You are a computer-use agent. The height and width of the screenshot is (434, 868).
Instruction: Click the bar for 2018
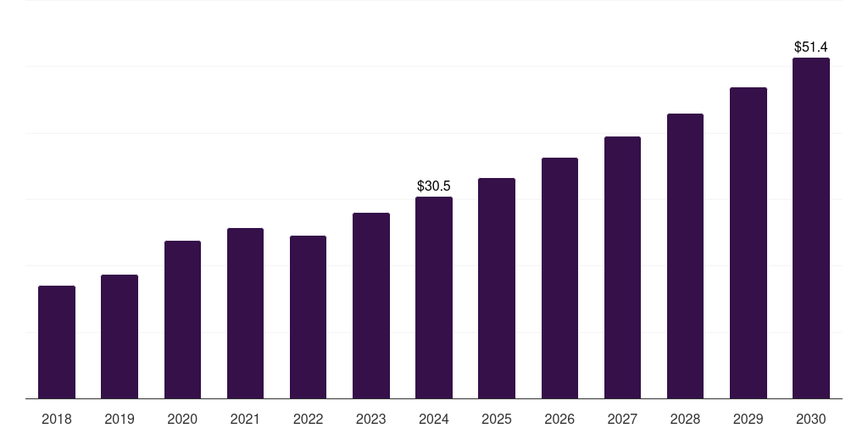coord(57,342)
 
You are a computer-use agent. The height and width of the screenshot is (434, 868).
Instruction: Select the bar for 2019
coord(120,337)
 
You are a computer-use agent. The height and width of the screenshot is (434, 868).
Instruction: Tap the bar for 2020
coord(182,320)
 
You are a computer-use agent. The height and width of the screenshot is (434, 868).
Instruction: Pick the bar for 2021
coord(245,314)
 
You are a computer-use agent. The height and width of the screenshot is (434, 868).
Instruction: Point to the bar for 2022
coord(308,317)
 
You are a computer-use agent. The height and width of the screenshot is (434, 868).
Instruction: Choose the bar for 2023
coord(371,306)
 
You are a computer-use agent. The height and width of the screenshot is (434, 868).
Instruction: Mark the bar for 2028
coord(685,256)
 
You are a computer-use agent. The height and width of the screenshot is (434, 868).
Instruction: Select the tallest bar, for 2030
coord(811,228)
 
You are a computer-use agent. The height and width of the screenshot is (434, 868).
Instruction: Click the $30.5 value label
coord(434,186)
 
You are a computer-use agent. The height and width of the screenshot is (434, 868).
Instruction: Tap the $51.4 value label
coord(811,47)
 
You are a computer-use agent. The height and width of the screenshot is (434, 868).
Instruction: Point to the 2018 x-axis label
coord(57,419)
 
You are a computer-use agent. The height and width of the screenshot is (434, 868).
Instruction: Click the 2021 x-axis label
coord(245,419)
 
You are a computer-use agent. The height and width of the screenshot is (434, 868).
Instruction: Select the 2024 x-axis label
coord(434,419)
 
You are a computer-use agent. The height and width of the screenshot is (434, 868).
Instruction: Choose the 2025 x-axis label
coord(497,419)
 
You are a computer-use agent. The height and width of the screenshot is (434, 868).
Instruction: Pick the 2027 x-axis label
coord(622,419)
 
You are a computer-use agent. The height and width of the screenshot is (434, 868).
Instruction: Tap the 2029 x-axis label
coord(748,419)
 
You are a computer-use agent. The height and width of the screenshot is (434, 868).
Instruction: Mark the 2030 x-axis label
coord(811,419)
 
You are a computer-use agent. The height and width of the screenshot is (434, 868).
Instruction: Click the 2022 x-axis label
coord(308,419)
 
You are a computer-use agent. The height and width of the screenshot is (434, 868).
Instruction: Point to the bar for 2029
coord(748,243)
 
